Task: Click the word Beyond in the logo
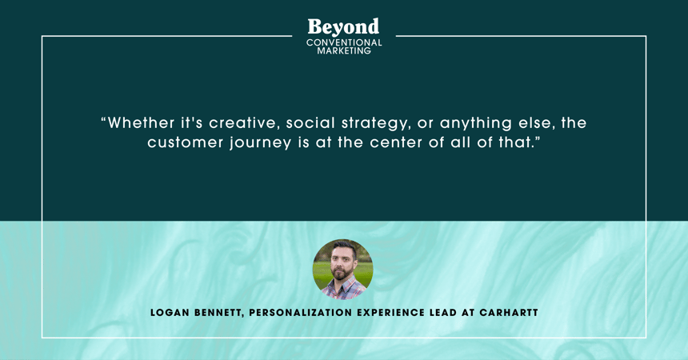point(343,27)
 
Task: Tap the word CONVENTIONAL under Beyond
point(344,42)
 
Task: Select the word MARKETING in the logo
point(344,51)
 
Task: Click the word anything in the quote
point(476,124)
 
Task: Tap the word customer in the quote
point(185,143)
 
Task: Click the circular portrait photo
point(342,269)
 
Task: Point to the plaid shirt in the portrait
point(343,290)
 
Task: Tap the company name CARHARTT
point(509,313)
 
